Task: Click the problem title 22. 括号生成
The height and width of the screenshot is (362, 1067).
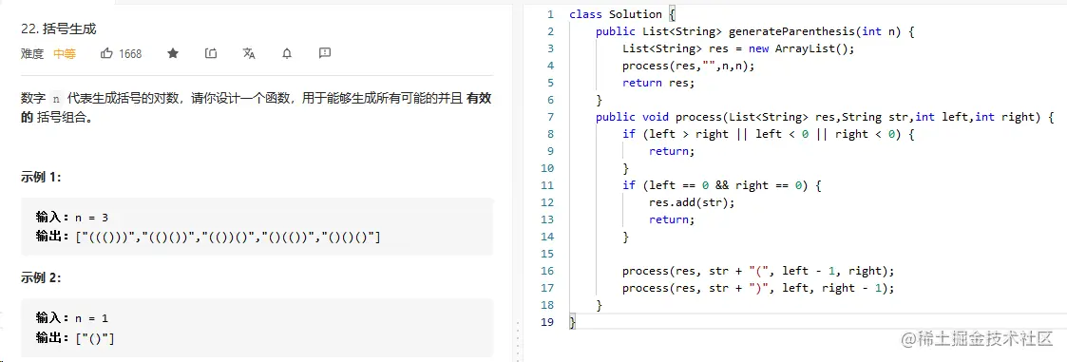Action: click(59, 29)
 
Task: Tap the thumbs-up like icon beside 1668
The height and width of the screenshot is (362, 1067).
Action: click(107, 53)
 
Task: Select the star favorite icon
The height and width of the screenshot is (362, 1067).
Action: click(173, 53)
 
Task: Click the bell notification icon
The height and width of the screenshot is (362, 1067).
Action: click(287, 53)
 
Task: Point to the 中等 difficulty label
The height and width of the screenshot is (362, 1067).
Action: click(65, 54)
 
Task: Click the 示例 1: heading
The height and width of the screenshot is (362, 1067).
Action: click(42, 177)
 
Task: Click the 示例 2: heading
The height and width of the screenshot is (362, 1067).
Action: click(42, 277)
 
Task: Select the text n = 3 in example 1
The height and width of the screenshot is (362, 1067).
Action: click(91, 218)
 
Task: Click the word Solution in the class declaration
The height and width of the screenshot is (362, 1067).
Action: click(636, 14)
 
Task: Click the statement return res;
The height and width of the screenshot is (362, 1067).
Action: click(659, 83)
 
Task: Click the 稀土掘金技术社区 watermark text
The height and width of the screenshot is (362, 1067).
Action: click(989, 338)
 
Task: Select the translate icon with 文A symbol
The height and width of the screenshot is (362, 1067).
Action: click(249, 53)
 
